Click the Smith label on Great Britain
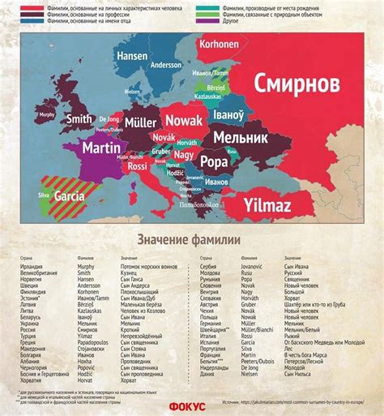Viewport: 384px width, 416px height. tap(79, 118)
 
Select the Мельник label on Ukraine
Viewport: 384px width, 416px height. tap(241, 139)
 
